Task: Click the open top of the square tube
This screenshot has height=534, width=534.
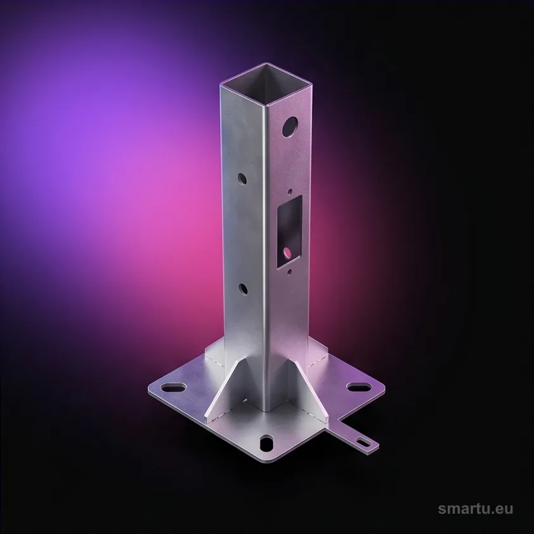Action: pos(266,84)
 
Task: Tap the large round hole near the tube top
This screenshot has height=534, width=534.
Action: pos(290,127)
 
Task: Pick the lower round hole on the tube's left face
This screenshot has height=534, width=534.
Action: pos(243,289)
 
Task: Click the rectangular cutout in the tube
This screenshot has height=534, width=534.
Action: pos(289,232)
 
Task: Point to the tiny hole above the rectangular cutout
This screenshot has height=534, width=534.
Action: pos(290,192)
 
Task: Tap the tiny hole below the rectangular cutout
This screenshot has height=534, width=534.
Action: pos(289,272)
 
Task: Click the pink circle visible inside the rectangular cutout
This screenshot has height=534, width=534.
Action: pos(287,252)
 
